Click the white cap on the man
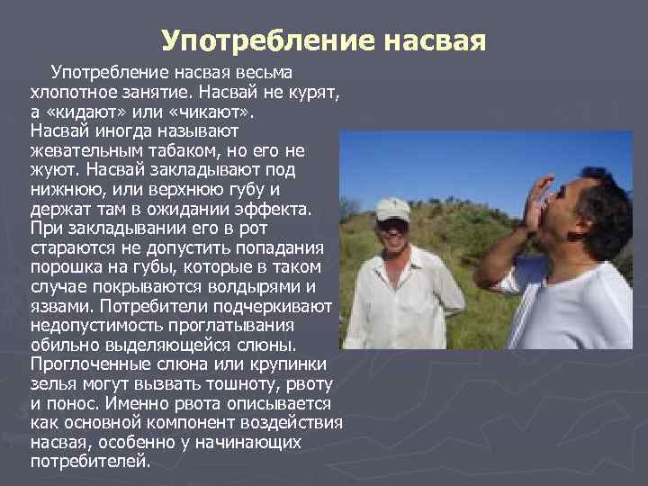(x=391, y=208)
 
